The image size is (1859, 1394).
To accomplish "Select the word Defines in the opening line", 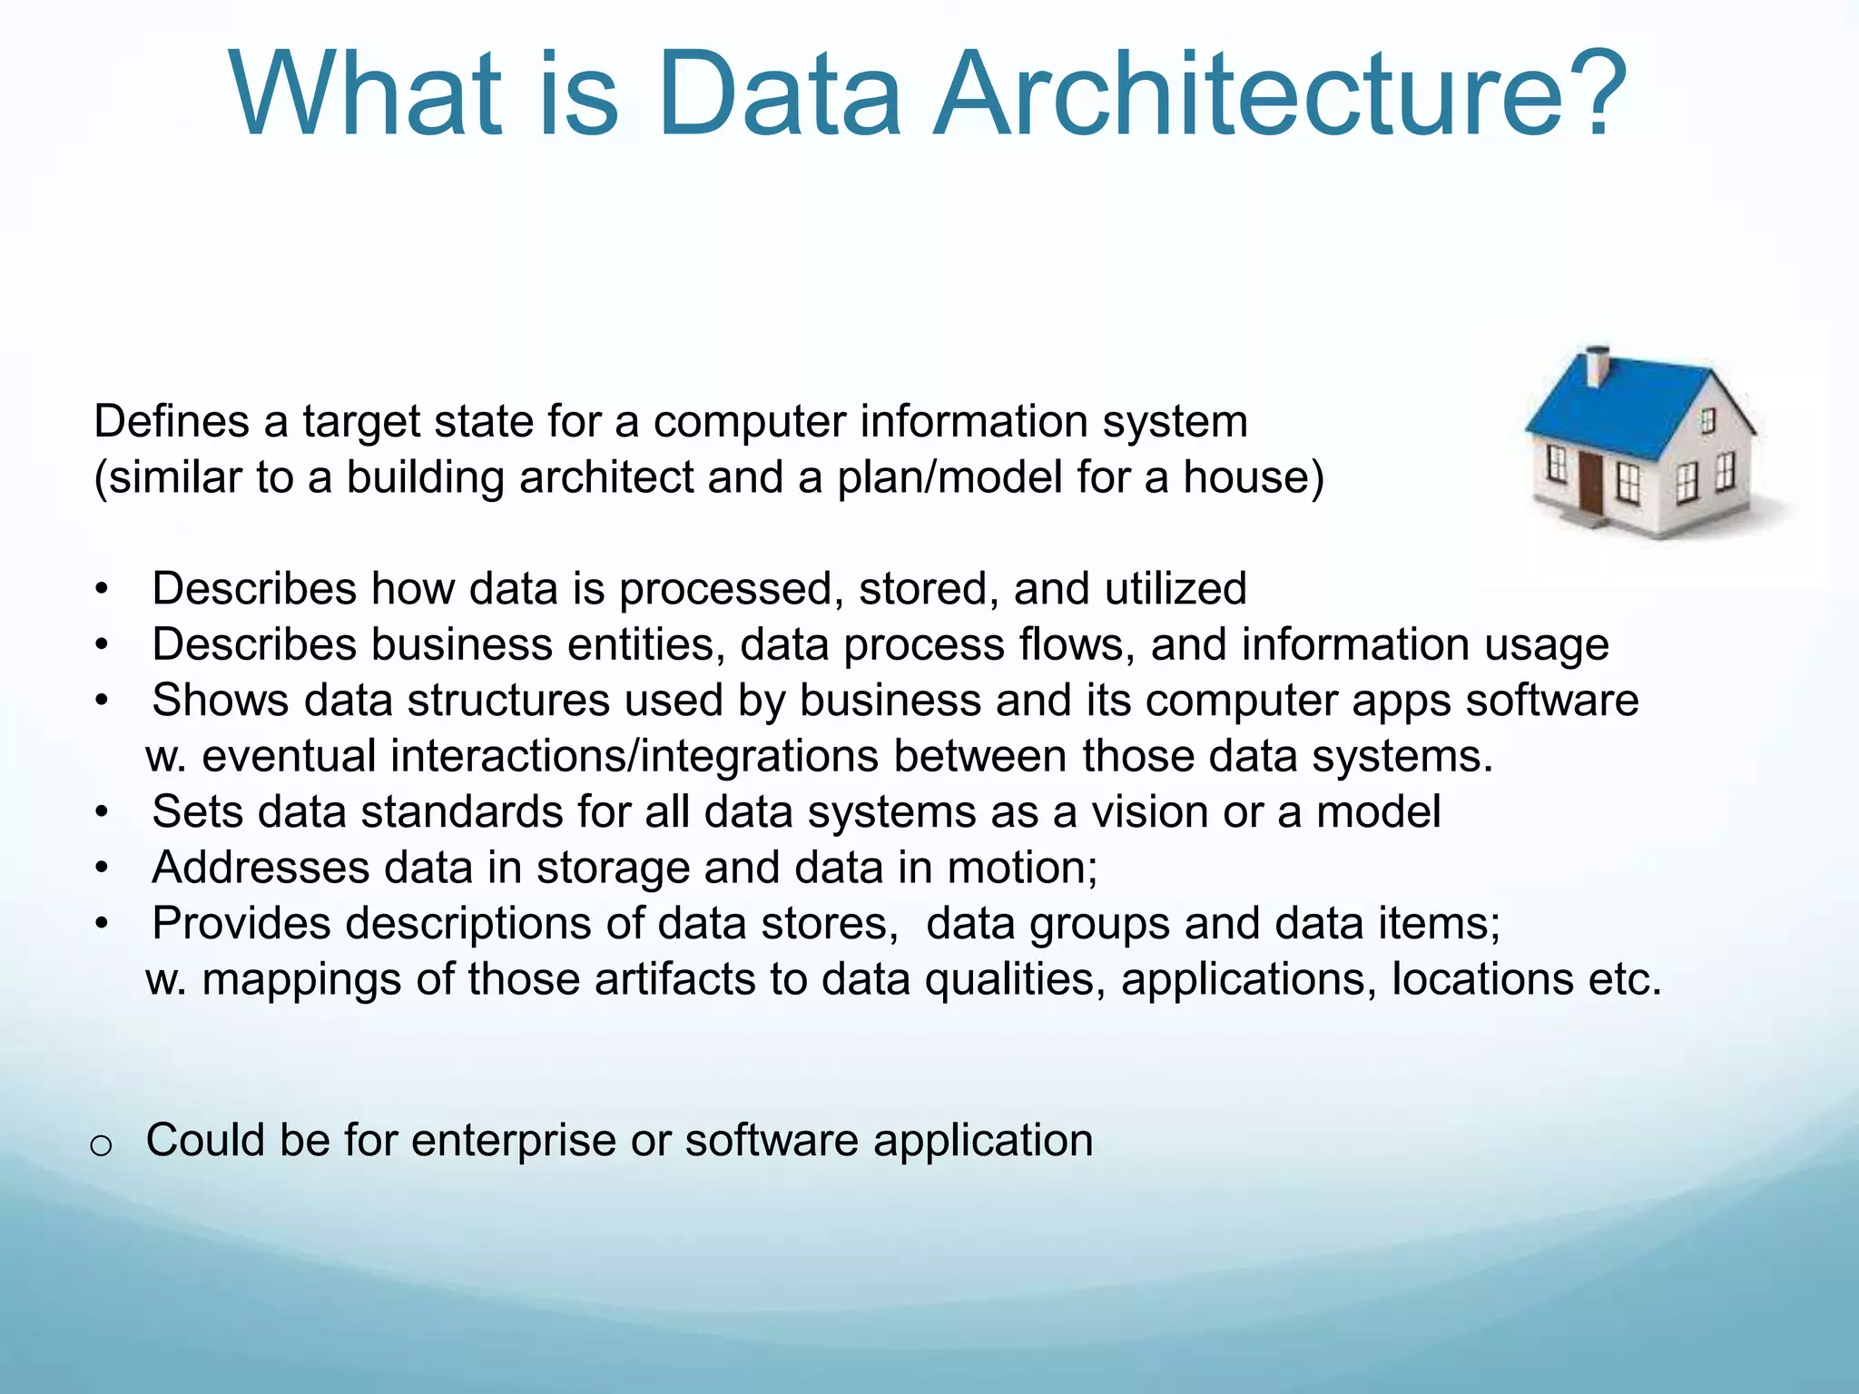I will click(x=172, y=421).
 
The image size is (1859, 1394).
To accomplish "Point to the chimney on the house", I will click(x=1596, y=366).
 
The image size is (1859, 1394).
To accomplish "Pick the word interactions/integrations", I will click(x=539, y=757).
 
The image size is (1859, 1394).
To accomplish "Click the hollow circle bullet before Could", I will click(x=102, y=1146).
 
